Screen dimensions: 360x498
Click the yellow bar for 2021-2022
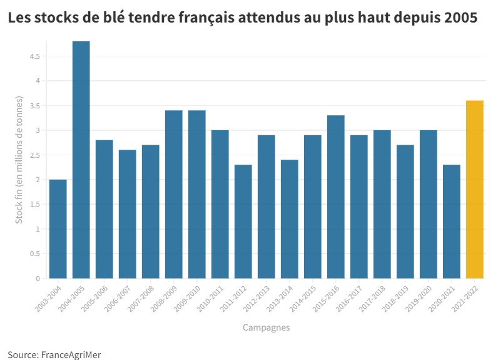point(475,189)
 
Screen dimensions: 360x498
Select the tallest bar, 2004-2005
point(81,160)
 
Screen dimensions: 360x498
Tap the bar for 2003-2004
point(58,229)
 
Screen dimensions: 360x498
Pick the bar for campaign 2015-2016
point(336,197)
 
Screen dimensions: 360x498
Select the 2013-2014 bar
point(290,219)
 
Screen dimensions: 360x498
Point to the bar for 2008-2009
point(174,194)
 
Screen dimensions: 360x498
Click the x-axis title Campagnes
point(266,327)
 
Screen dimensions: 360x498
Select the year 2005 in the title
point(462,18)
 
